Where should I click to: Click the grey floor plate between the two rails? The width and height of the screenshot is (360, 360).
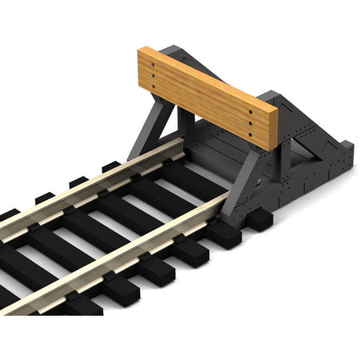(x=210, y=156)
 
